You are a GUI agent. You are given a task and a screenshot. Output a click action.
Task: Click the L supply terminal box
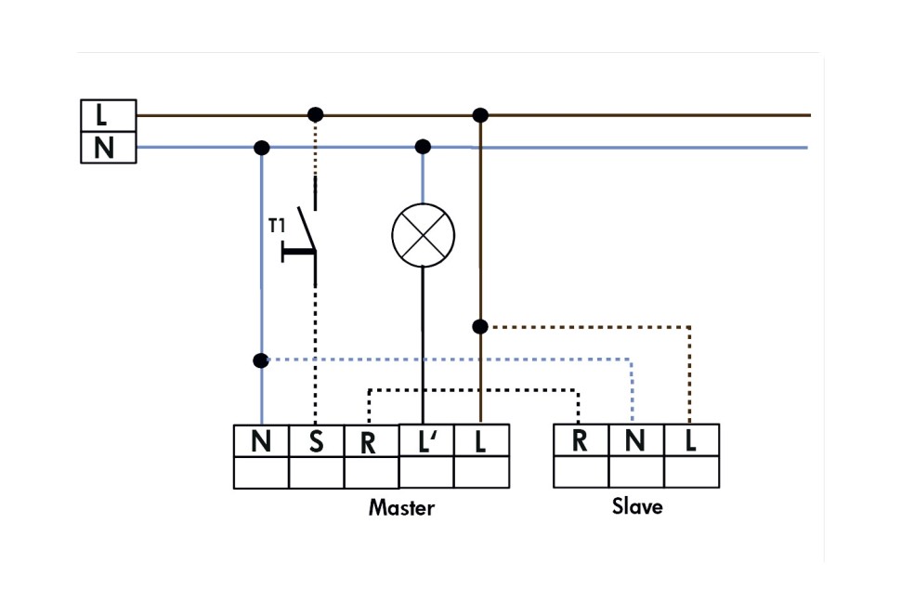108,115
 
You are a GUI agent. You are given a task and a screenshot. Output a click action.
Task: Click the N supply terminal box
108,148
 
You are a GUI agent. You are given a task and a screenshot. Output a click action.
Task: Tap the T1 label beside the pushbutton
277,226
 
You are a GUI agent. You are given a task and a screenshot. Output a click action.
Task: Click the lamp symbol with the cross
423,234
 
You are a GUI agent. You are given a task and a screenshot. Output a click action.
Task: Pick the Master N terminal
261,441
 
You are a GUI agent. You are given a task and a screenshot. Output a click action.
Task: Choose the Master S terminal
316,441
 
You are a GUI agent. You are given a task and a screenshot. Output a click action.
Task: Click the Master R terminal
371,442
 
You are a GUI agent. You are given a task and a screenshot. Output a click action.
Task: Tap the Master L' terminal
426,440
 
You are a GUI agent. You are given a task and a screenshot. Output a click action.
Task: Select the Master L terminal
481,440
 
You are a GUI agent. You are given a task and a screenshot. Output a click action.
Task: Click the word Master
401,508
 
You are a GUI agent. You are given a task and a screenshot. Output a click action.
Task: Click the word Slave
637,506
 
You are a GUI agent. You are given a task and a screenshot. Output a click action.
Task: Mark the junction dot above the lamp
423,146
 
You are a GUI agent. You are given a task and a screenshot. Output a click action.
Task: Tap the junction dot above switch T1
316,114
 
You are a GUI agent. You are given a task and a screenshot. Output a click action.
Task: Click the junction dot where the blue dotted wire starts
261,360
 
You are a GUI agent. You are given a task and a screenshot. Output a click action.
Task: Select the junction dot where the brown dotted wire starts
480,326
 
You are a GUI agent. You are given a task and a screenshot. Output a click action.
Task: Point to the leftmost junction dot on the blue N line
261,147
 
